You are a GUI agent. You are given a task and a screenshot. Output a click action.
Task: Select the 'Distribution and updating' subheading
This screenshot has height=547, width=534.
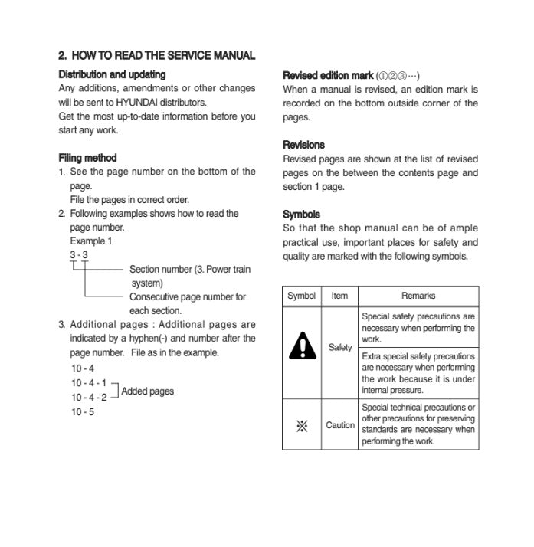(112, 74)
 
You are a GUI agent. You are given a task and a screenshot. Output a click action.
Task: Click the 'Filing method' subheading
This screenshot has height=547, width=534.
(87, 158)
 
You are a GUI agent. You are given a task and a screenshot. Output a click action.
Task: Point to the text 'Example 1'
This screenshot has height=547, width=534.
(91, 241)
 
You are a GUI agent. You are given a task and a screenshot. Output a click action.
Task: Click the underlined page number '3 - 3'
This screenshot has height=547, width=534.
(79, 255)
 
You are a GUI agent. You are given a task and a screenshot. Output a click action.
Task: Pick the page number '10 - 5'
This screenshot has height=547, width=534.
(83, 412)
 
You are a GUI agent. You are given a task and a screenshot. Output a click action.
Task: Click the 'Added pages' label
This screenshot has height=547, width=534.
(147, 391)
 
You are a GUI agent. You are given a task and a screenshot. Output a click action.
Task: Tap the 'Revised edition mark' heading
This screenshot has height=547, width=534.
(328, 75)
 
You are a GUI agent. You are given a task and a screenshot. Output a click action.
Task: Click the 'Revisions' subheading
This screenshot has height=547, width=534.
(303, 145)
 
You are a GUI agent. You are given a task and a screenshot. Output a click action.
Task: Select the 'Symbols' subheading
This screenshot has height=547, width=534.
(301, 215)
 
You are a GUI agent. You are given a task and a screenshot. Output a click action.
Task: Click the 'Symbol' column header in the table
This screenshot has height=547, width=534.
(301, 296)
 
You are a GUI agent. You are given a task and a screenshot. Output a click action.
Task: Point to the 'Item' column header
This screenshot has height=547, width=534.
(339, 296)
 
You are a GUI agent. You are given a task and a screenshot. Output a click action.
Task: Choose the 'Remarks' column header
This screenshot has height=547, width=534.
(418, 296)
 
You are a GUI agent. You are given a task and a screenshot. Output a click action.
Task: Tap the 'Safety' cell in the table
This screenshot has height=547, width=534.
(340, 348)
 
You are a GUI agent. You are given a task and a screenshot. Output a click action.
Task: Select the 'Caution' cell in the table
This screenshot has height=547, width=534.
(340, 425)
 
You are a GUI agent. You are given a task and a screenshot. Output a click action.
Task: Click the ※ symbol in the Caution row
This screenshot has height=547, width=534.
(302, 425)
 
